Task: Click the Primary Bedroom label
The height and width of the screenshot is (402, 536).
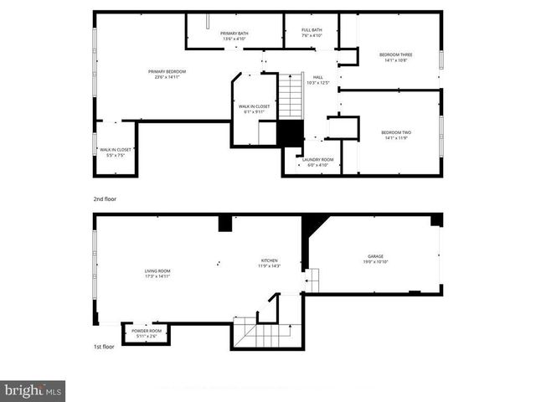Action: [167, 75]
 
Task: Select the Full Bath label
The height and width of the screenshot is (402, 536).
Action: [312, 33]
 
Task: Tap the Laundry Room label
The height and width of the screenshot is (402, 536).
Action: [318, 162]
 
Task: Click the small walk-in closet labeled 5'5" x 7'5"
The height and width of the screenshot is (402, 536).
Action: [115, 152]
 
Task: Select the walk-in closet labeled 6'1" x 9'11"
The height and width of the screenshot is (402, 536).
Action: [254, 109]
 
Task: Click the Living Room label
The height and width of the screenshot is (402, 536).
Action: [157, 273]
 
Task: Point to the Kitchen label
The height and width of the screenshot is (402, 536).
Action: [269, 264]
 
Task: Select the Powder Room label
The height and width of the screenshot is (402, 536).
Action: [146, 333]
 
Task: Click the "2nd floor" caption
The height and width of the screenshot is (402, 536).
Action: [106, 199]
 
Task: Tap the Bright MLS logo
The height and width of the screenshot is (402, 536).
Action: [33, 390]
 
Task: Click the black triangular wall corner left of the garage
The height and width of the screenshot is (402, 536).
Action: [313, 224]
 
